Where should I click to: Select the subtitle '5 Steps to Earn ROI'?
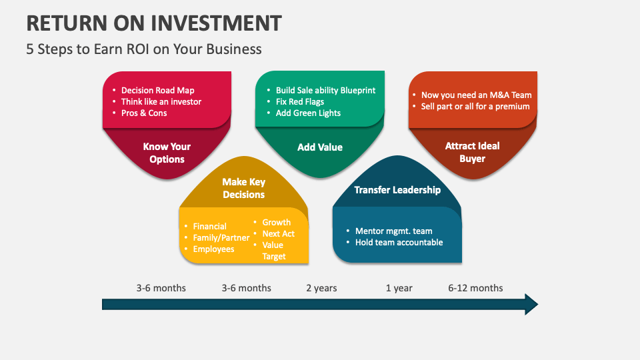coord(144,49)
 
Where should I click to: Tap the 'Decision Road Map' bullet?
coord(157,90)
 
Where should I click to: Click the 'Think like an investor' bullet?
coord(161,101)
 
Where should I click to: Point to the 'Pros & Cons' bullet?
coord(144,113)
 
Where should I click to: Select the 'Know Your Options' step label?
coord(167,153)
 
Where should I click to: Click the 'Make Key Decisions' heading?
coord(243,188)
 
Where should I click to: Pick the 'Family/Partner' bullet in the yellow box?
coord(221,237)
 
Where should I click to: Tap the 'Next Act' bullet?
coord(278,233)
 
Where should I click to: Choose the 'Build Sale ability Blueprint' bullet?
coord(325,90)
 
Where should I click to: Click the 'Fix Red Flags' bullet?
coord(300,101)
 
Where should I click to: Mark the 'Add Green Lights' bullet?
coord(308,113)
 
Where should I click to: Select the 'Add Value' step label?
coord(320,147)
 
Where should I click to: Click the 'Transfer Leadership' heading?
coord(397,189)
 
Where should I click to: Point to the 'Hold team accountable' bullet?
coord(399,242)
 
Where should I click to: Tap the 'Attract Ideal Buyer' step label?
coord(472,152)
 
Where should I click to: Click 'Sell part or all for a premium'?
coord(475,106)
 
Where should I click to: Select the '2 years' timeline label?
coord(321,288)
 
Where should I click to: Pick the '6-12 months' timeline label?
coord(475,288)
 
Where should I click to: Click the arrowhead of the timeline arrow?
coord(531,304)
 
